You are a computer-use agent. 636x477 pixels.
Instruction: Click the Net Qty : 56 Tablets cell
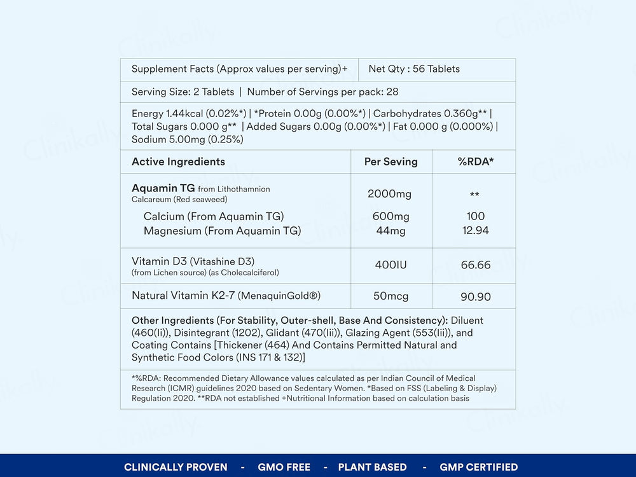tap(414, 69)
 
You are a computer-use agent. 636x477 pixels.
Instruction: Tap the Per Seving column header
tap(391, 162)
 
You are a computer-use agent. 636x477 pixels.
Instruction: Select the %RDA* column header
tap(475, 162)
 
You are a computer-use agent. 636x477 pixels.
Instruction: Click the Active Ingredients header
tap(178, 162)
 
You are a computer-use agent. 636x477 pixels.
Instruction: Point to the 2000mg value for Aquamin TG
tap(390, 193)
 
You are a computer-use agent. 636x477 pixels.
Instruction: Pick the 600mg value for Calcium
tap(391, 216)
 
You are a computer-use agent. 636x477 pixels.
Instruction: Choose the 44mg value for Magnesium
tap(391, 231)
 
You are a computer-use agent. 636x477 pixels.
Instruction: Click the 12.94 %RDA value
tap(475, 231)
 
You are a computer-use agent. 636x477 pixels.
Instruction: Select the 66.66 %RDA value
tap(475, 265)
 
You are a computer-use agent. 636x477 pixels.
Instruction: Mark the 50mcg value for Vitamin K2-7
tap(391, 296)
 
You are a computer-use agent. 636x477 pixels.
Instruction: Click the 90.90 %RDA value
tap(475, 296)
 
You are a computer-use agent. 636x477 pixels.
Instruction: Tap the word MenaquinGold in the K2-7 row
tap(287, 296)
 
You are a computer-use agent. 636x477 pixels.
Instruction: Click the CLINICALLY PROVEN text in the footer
tap(176, 467)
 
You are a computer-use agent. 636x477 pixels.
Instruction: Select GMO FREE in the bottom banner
tap(284, 467)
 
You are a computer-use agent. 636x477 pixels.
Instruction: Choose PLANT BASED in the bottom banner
tap(372, 467)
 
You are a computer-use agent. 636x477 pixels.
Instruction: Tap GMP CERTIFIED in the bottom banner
tap(478, 467)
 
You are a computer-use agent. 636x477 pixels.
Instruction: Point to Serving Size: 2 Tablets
tap(183, 92)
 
